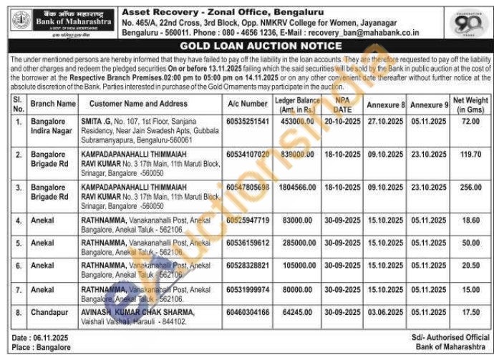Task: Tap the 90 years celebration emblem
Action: coord(469,24)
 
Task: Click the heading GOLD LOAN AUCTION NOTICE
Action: coord(246,45)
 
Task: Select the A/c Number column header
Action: coord(247,104)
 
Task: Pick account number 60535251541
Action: coord(248,122)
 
